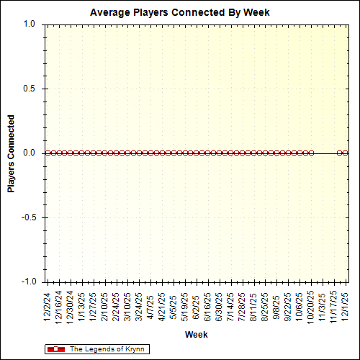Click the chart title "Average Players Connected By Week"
click(180, 13)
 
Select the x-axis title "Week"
click(196, 335)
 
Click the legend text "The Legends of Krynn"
click(107, 349)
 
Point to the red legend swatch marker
click(55, 349)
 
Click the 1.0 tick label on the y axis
click(29, 24)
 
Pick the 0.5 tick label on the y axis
click(29, 89)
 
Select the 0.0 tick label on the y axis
click(29, 153)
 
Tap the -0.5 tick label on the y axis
click(27, 217)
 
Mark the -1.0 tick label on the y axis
click(27, 282)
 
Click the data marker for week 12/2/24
click(47, 153)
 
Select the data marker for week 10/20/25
click(312, 153)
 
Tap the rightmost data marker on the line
click(346, 153)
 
